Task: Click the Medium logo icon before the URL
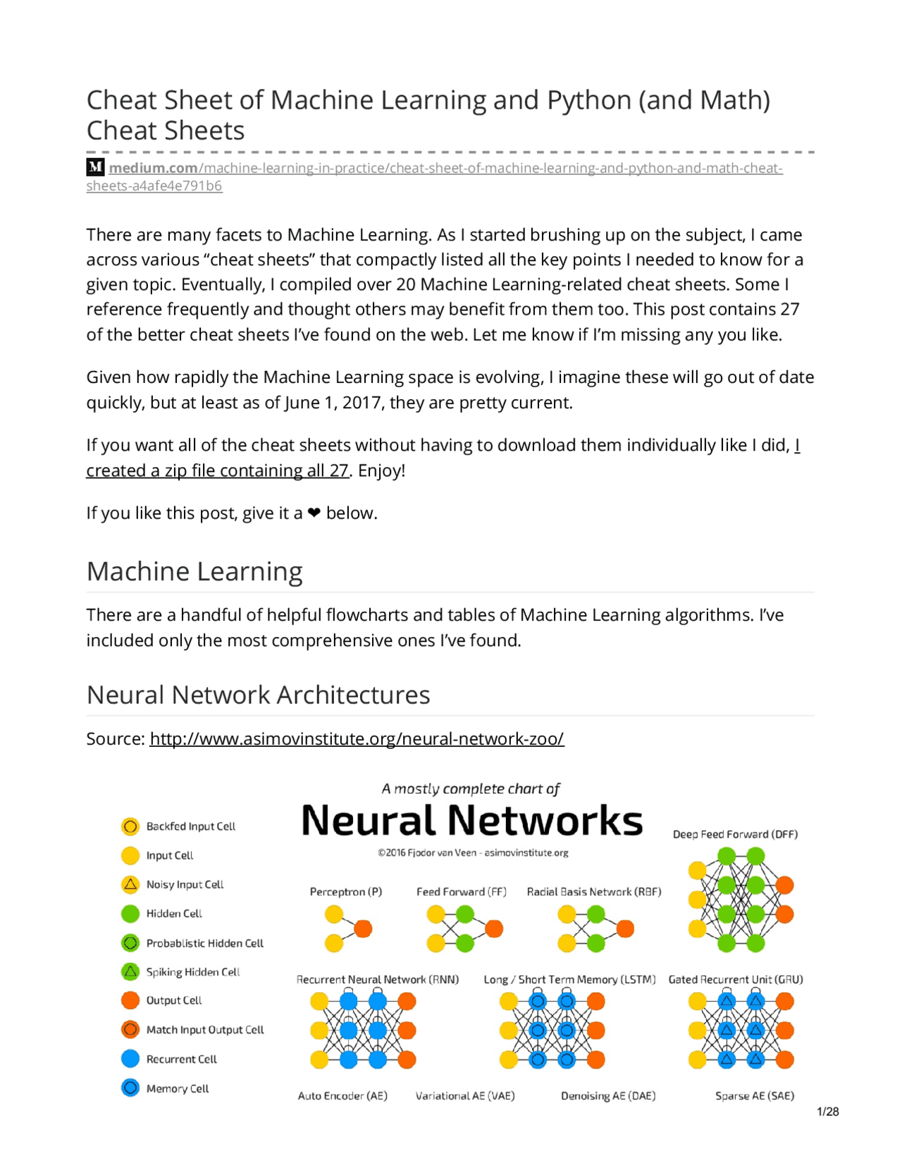click(x=95, y=167)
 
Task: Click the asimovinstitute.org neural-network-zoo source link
click(x=357, y=738)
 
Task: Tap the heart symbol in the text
click(x=314, y=513)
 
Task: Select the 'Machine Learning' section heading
click(x=194, y=571)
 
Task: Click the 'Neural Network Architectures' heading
click(x=258, y=695)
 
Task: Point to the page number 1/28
click(x=827, y=1112)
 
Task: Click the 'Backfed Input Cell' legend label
click(x=190, y=826)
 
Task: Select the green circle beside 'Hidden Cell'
click(x=130, y=913)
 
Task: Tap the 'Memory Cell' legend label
click(x=178, y=1088)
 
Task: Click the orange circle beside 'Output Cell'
click(x=130, y=1000)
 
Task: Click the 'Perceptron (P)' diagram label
click(x=346, y=892)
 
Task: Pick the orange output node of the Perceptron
click(x=363, y=928)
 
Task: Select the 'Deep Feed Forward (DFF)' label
click(x=735, y=834)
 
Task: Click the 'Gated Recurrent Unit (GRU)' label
click(x=735, y=980)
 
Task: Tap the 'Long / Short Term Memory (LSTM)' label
click(x=569, y=980)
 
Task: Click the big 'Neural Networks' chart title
click(x=472, y=820)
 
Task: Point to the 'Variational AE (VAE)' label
click(x=465, y=1095)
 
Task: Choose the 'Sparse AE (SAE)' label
click(x=754, y=1095)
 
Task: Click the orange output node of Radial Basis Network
click(x=625, y=928)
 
